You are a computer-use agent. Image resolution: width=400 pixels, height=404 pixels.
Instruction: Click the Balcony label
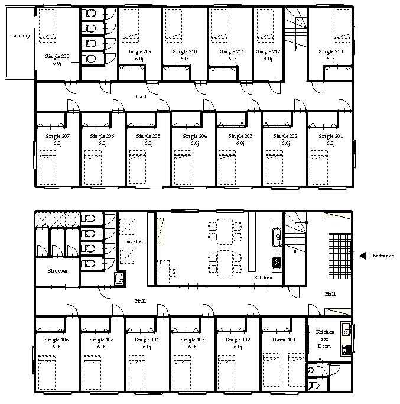20,35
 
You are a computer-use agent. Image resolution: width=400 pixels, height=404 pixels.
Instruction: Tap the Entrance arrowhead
362,256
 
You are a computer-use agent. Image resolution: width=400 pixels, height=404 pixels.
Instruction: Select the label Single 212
268,51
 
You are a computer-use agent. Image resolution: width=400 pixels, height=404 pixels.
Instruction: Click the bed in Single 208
47,26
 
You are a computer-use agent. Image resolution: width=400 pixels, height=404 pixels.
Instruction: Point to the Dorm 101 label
284,340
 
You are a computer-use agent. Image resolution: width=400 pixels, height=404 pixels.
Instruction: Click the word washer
135,241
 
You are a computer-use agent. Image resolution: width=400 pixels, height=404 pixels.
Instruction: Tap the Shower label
58,270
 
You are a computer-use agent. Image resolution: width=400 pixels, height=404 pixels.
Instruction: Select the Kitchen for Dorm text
325,339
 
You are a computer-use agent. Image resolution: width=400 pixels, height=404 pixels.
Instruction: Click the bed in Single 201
319,167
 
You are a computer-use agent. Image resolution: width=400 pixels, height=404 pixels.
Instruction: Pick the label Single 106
57,340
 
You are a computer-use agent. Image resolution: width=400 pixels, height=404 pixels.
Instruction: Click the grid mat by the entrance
340,256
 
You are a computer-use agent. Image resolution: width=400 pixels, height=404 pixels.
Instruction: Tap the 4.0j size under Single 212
268,59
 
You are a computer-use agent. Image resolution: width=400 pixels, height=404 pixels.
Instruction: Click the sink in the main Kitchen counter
277,237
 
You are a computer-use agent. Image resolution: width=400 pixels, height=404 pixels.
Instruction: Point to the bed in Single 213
342,26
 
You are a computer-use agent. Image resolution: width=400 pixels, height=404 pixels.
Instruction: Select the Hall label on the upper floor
141,96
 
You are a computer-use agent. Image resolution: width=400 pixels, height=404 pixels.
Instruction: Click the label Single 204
195,136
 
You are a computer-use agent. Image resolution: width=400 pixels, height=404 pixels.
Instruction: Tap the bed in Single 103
182,372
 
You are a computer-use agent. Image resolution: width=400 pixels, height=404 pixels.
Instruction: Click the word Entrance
383,256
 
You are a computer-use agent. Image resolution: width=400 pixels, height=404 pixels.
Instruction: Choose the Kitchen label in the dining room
263,277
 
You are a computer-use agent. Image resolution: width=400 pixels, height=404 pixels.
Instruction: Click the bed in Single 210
174,26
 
